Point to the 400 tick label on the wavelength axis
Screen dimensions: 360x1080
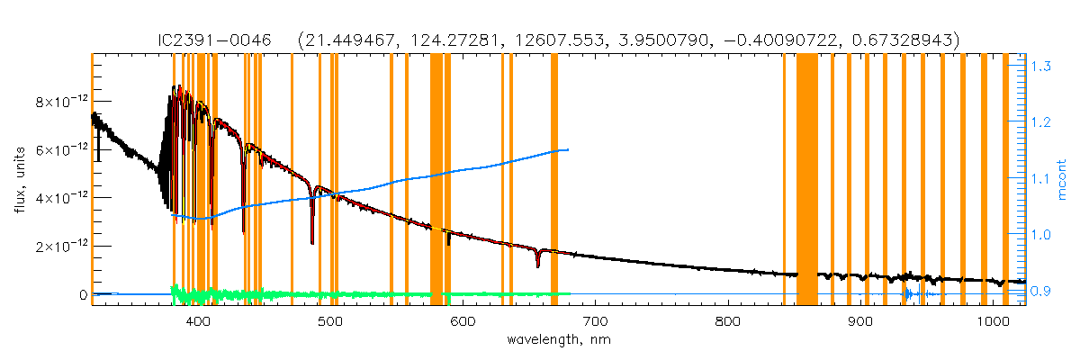pos(197,321)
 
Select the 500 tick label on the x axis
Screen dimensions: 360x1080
pos(329,321)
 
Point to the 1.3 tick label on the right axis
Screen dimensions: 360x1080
pos(1042,66)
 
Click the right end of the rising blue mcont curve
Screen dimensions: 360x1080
pos(568,149)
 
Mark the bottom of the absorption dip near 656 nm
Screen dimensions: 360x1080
pos(537,266)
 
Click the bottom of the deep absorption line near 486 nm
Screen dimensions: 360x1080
pos(312,243)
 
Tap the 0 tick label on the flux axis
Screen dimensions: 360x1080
pos(82,294)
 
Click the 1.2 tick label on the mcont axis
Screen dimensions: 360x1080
pos(1042,121)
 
